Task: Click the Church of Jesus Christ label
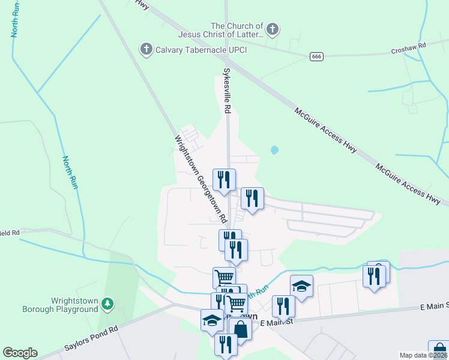click(237, 30)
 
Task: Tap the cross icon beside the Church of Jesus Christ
click(273, 28)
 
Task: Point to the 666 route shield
click(317, 56)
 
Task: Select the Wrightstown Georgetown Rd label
click(200, 178)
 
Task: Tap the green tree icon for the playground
click(107, 304)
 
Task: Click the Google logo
click(20, 353)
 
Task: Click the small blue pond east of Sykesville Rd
click(274, 150)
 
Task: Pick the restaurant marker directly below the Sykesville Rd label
click(224, 179)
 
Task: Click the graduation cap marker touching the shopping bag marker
click(212, 320)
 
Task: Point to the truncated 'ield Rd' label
click(10, 232)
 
